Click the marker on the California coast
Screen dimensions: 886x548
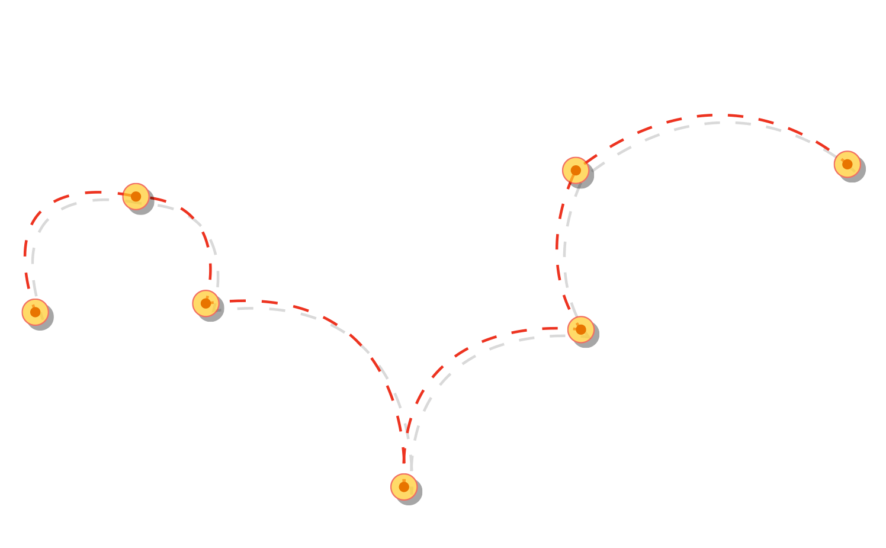pyautogui.click(x=35, y=312)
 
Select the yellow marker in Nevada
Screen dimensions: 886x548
pyautogui.click(x=136, y=196)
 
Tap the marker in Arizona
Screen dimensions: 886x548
pyautogui.click(x=206, y=303)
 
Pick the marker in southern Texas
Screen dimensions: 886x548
pyautogui.click(x=404, y=487)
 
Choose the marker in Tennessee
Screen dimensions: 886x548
pyautogui.click(x=580, y=329)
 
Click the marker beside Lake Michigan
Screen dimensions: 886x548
pyautogui.click(x=575, y=170)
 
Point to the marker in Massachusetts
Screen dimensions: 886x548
pyautogui.click(x=847, y=164)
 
